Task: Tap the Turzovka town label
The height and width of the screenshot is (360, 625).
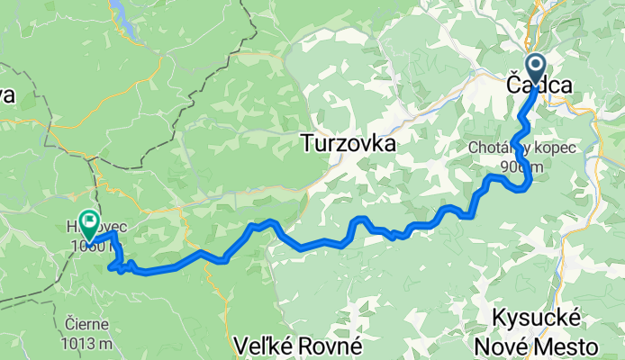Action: tap(349, 142)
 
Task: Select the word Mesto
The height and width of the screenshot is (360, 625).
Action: tap(568, 346)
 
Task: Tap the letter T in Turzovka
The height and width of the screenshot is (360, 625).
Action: tap(307, 142)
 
